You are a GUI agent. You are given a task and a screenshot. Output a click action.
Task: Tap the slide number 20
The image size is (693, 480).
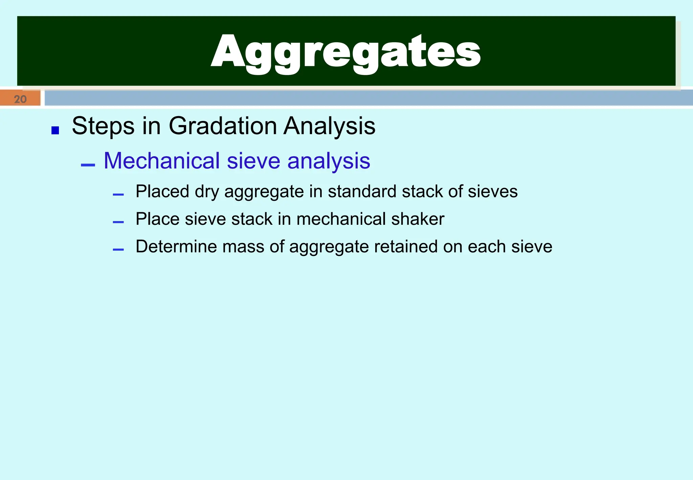(x=20, y=99)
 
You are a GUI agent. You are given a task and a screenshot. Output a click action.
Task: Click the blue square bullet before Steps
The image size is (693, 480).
(x=55, y=130)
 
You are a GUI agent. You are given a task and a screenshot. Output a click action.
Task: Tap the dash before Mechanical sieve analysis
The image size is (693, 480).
(x=88, y=165)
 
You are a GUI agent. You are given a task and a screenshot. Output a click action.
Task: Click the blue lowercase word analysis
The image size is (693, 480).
(x=329, y=161)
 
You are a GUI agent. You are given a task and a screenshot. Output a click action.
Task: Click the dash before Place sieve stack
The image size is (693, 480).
(x=118, y=222)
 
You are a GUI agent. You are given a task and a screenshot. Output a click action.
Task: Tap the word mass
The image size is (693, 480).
(x=243, y=246)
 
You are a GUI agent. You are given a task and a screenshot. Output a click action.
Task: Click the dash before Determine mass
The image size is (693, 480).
(x=118, y=250)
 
